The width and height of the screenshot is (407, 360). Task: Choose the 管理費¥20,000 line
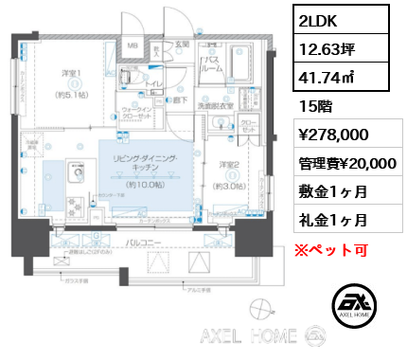[x=343, y=163]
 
